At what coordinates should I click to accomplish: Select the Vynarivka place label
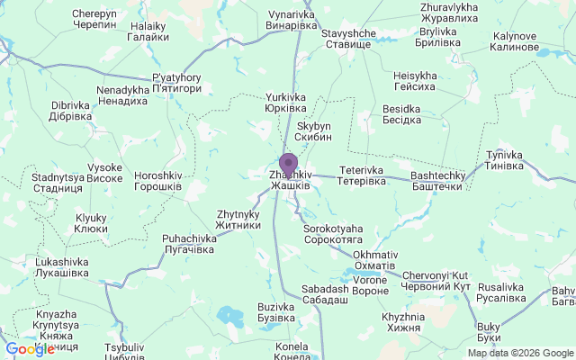point(293,21)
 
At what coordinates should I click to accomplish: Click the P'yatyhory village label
point(175,83)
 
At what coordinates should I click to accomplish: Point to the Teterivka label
point(361,175)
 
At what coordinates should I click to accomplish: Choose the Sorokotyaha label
point(333,235)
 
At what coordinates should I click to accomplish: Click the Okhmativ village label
point(373,260)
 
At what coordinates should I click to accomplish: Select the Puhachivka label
point(188,244)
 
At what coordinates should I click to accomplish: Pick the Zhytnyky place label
point(238,220)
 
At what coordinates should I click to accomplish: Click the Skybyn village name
point(314,131)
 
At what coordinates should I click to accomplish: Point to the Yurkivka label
point(286,103)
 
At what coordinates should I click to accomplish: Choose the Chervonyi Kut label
point(436,280)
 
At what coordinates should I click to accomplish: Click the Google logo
point(29,349)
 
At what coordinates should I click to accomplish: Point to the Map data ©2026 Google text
point(519,353)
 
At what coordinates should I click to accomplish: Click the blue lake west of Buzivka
point(229,316)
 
